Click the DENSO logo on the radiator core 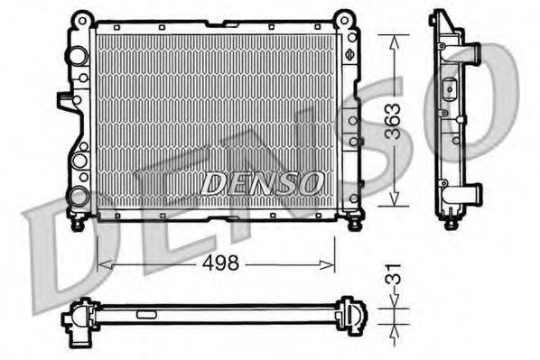click(262, 183)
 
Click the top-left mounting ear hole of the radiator click(82, 17)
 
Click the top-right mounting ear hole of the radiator click(344, 17)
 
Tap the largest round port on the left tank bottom click(79, 197)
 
